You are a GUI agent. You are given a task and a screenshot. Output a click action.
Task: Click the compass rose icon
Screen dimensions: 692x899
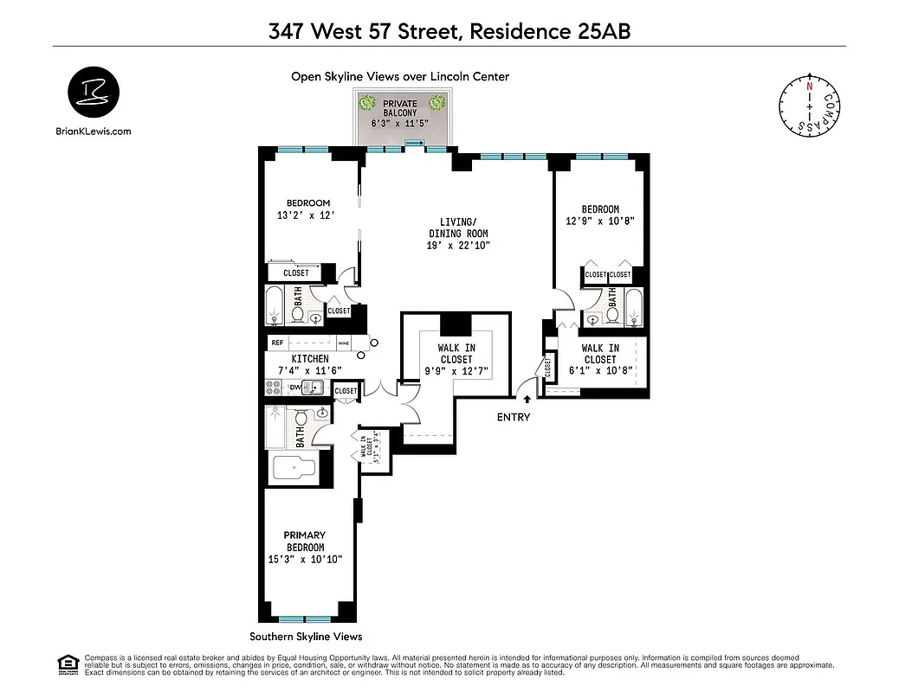point(809,105)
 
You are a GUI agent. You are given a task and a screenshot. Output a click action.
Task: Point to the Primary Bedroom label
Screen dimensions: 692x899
point(306,547)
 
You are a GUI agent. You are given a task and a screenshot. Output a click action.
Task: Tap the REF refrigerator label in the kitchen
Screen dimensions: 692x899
point(277,343)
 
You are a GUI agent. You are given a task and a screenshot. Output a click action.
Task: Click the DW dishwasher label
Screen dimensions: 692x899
point(294,388)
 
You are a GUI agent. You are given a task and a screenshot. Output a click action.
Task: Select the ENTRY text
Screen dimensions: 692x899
point(514,417)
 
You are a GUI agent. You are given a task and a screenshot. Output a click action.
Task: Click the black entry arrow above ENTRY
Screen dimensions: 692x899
point(528,399)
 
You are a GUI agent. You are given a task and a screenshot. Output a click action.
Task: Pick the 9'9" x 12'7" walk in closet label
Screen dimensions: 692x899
point(456,359)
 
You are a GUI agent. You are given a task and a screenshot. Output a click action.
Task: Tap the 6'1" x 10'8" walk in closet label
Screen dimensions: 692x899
point(599,359)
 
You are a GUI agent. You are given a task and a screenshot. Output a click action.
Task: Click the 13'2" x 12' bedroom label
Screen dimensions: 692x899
point(309,208)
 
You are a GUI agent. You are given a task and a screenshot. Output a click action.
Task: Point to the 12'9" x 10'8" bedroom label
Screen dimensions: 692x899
point(600,215)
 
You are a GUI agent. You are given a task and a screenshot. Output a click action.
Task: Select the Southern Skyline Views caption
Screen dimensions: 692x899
point(306,636)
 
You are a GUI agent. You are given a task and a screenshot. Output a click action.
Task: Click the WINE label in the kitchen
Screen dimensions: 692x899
point(343,343)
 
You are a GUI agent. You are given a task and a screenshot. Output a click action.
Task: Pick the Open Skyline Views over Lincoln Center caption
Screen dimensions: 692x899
point(399,76)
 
